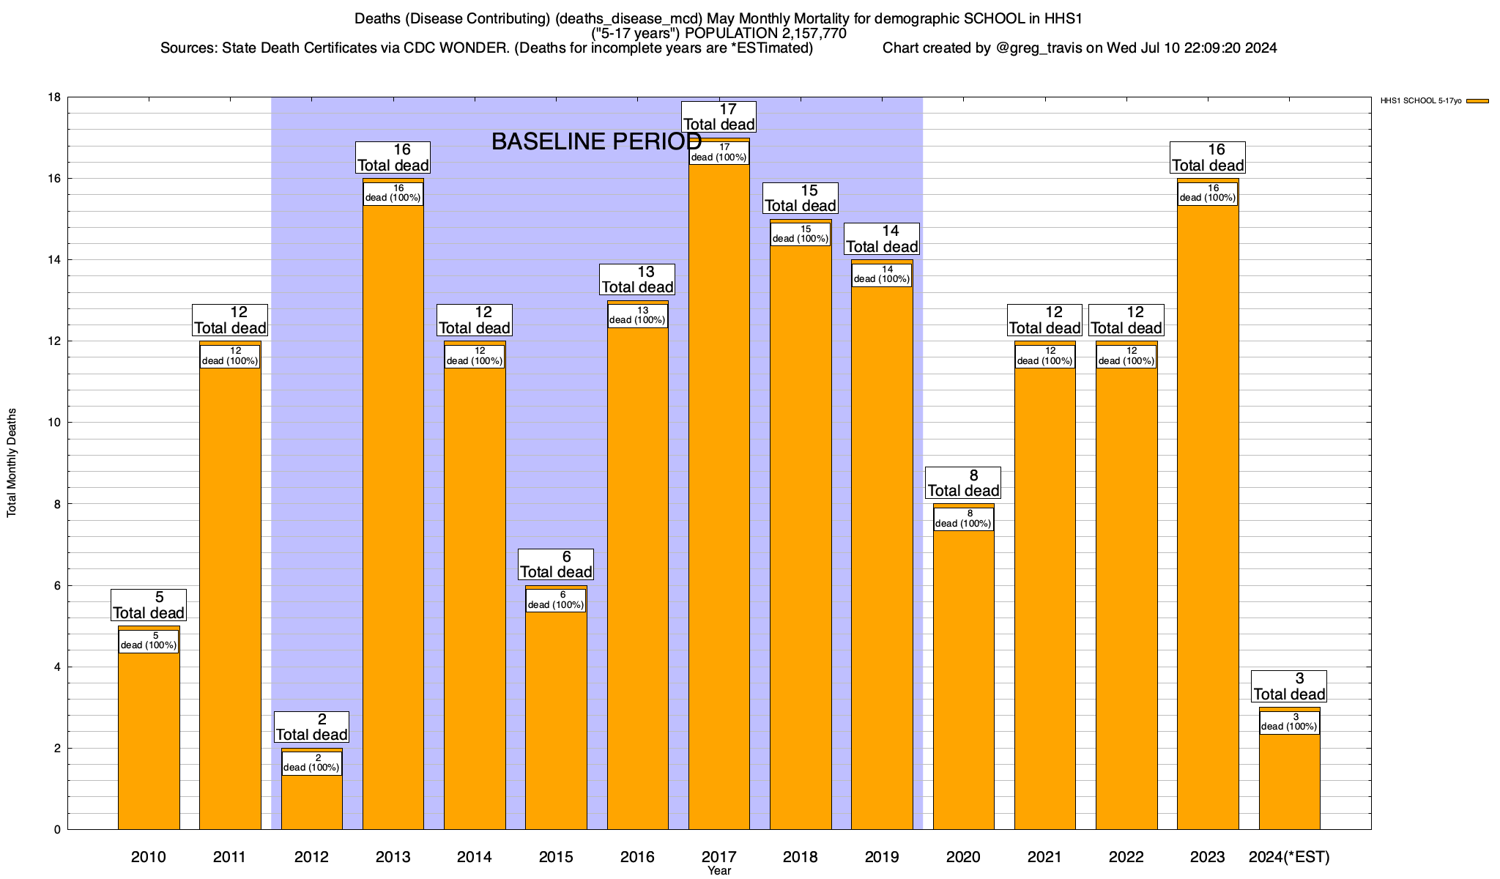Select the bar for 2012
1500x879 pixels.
[x=311, y=802]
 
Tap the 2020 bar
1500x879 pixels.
[x=963, y=681]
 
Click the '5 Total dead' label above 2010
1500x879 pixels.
[x=149, y=605]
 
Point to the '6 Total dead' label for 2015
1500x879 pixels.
[x=556, y=565]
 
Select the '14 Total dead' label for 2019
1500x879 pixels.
[x=882, y=239]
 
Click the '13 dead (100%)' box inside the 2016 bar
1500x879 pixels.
[x=637, y=316]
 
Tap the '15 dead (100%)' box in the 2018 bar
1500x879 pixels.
[x=800, y=234]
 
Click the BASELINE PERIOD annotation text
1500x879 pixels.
[x=596, y=141]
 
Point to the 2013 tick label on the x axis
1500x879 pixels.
[x=393, y=857]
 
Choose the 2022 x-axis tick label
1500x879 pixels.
[x=1126, y=857]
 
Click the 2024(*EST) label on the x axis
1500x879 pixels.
[x=1289, y=857]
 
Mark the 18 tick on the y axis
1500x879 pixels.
[x=55, y=97]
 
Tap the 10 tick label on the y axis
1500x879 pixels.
[x=55, y=423]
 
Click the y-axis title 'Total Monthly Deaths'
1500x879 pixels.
[x=12, y=463]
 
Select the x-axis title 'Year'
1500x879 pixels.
[x=719, y=871]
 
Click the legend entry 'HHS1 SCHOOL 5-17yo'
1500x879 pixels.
[x=1421, y=101]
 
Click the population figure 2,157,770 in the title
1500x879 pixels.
[x=805, y=34]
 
